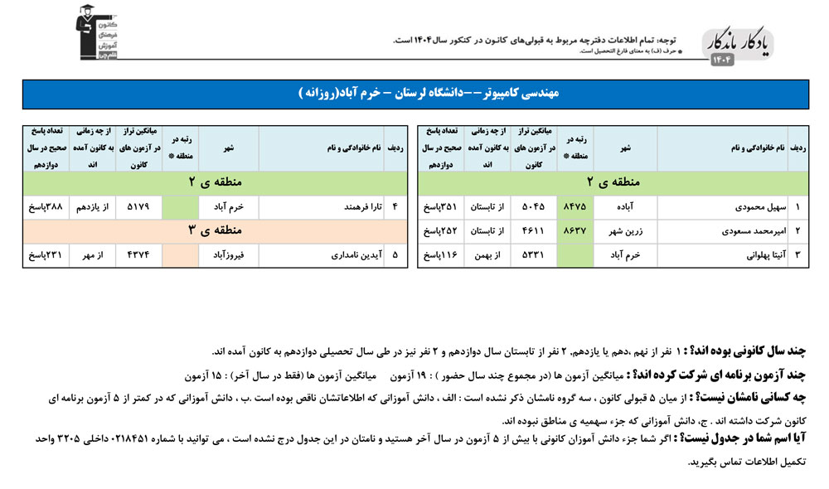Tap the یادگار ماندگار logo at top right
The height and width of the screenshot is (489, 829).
739,46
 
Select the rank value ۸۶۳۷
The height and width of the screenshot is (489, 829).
574,231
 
